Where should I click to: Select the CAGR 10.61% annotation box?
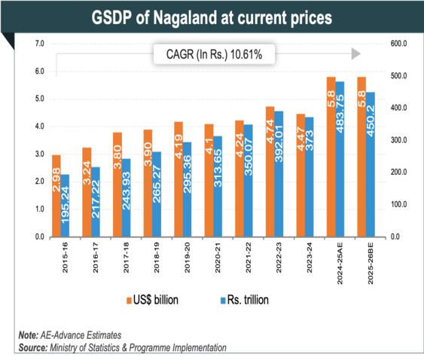click(213, 54)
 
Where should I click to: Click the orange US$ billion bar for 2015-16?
click(56, 196)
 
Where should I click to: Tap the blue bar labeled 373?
click(310, 177)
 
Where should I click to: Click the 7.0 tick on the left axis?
click(39, 44)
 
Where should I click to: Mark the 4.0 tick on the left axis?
click(39, 127)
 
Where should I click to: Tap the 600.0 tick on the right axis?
click(397, 44)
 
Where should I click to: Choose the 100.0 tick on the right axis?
click(397, 204)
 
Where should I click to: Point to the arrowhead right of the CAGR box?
click(356, 54)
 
